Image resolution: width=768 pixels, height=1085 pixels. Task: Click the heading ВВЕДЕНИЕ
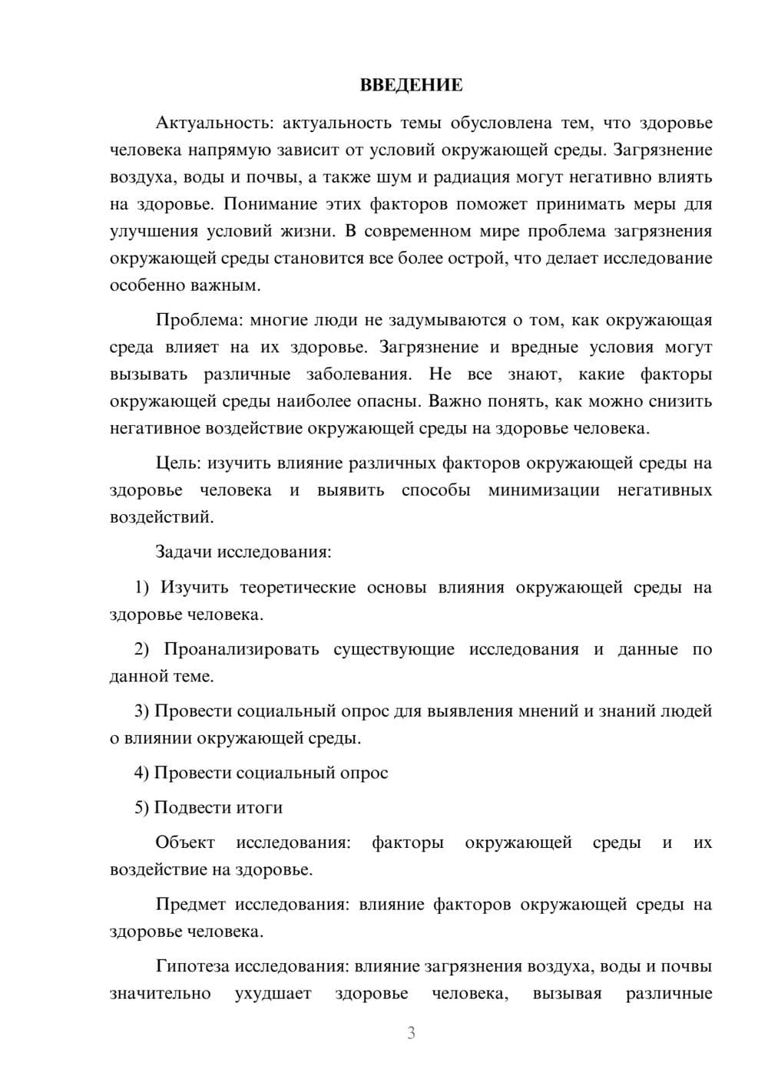pos(411,85)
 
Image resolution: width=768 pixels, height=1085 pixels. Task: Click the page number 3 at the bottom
pos(411,1033)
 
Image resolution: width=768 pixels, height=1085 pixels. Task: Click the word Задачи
pos(184,552)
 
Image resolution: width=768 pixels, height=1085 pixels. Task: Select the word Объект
pos(185,843)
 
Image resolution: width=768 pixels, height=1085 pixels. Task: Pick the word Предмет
pos(190,905)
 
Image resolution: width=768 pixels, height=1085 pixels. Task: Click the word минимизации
pos(544,490)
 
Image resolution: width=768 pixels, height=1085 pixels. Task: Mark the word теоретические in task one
pos(298,588)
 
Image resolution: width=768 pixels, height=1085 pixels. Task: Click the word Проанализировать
pos(241,650)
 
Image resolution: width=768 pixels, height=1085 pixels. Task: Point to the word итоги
pos(259,808)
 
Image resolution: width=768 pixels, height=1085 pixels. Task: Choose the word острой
pos(475,259)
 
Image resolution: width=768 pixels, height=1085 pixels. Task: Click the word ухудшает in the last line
pos(273,994)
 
